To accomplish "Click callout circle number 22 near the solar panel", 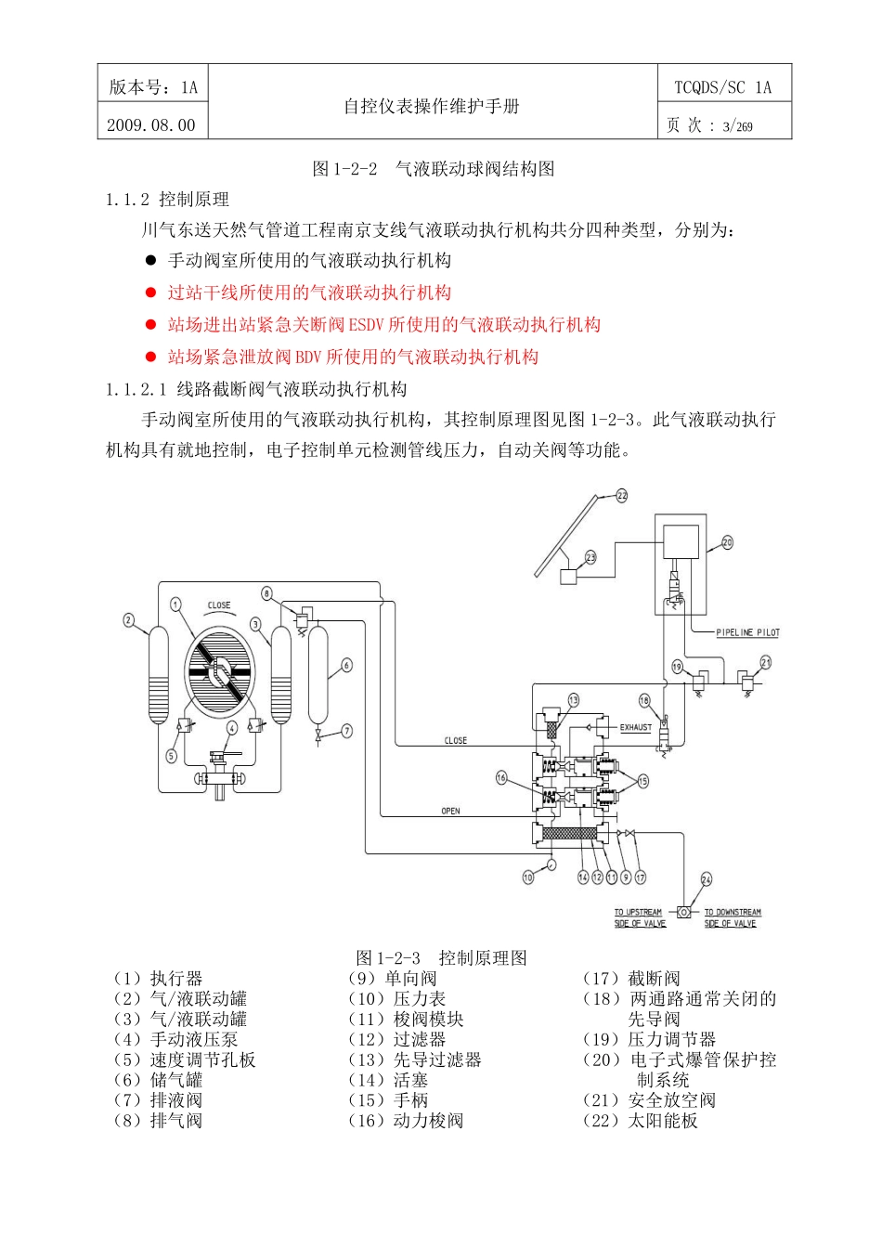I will [x=621, y=496].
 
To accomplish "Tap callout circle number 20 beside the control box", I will [x=727, y=542].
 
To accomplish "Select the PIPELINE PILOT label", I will [x=747, y=632].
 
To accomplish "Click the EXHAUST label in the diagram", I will [x=636, y=727].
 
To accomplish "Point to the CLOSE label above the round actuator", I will [x=219, y=605].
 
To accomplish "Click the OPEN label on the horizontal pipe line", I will [x=450, y=811].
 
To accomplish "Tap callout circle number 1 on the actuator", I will [x=175, y=605].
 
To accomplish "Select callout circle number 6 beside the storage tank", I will [x=346, y=665].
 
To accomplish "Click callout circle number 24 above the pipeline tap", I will [x=707, y=878].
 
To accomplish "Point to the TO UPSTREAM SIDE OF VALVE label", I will [x=639, y=917].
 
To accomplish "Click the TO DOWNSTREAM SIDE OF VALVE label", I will [x=732, y=917].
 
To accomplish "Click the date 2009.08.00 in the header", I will [x=151, y=124].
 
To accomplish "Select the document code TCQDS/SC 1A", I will [x=722, y=87].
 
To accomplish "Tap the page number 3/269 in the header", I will [x=737, y=126].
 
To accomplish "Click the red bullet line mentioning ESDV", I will [x=383, y=325].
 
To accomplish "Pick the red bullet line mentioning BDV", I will [x=353, y=357].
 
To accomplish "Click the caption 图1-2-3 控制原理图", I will [x=441, y=957].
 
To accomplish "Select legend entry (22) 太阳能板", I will [x=641, y=1120].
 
